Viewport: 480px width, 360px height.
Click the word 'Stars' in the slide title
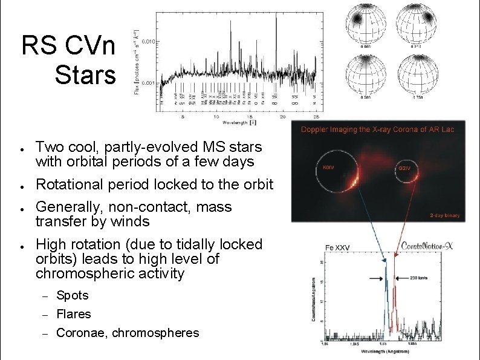tap(85, 75)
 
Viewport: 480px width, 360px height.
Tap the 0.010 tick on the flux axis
tap(150, 41)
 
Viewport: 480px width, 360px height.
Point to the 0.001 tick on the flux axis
tap(150, 83)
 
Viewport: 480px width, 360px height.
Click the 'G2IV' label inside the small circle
tap(404, 168)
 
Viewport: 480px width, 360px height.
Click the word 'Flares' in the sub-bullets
tap(73, 314)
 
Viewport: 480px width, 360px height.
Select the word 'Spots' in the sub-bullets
tap(72, 295)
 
